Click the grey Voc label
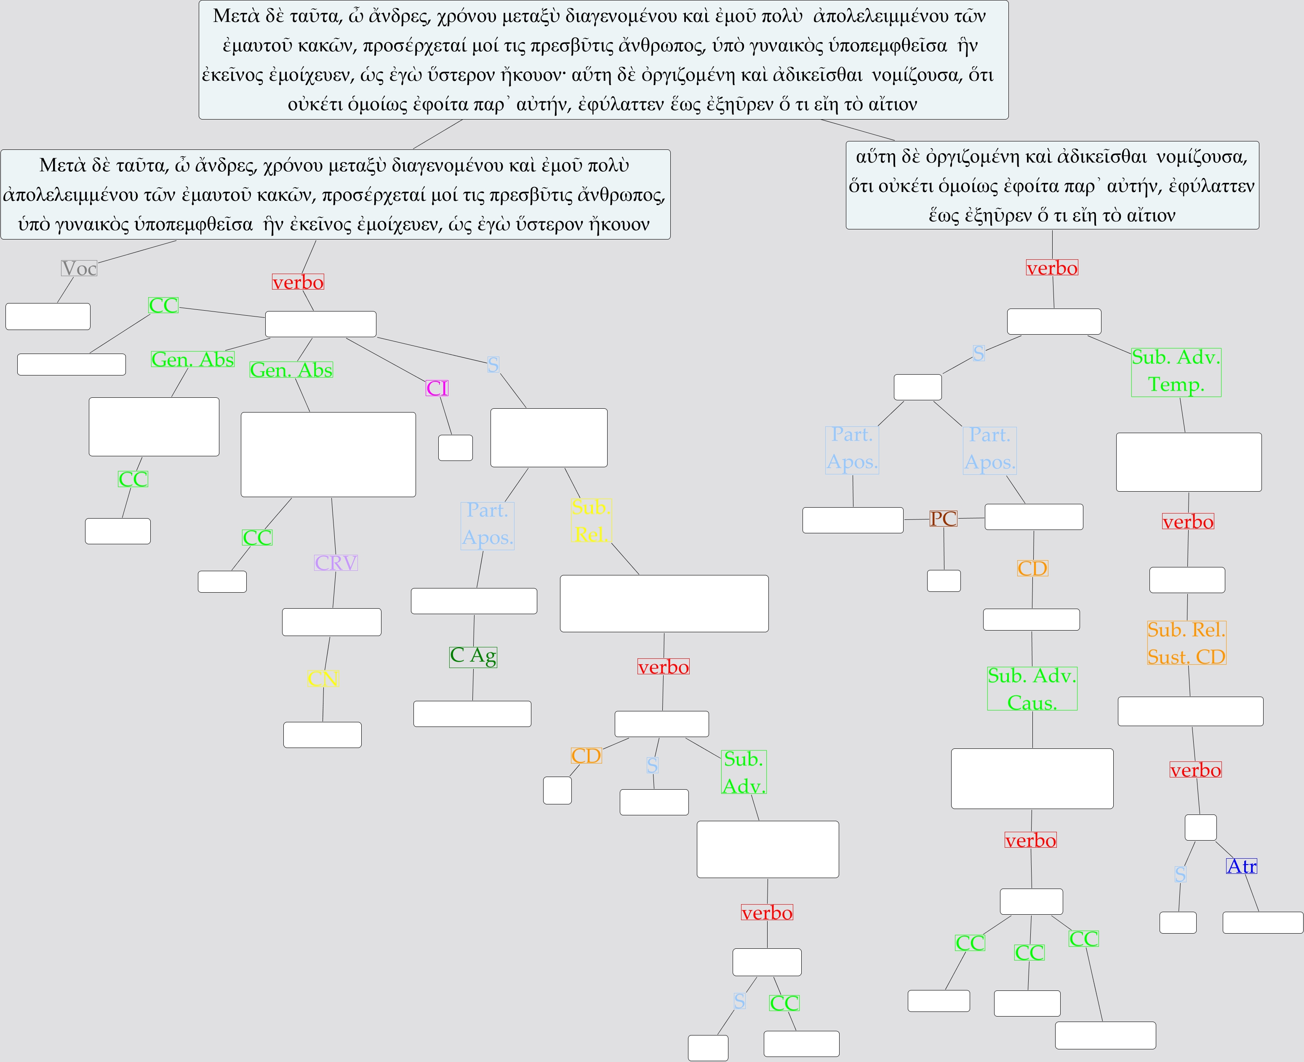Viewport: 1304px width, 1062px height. click(79, 268)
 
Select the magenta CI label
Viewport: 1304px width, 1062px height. click(437, 388)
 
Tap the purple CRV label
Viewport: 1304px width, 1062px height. click(336, 562)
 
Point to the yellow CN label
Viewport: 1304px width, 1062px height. click(323, 678)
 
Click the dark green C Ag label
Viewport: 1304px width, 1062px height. click(473, 656)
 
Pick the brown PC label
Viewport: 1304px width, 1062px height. click(943, 519)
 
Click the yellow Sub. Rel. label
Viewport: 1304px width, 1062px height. click(591, 521)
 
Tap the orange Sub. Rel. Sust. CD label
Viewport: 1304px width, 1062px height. click(1187, 643)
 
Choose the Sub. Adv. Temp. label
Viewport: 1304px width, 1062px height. click(1176, 371)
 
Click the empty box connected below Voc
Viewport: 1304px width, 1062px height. click(48, 316)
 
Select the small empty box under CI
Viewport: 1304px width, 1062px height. click(455, 448)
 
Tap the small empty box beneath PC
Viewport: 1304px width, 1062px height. click(944, 580)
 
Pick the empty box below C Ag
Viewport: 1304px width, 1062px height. click(472, 714)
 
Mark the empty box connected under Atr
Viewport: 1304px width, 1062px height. click(1262, 923)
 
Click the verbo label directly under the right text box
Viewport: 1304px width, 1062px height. click(1052, 268)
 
